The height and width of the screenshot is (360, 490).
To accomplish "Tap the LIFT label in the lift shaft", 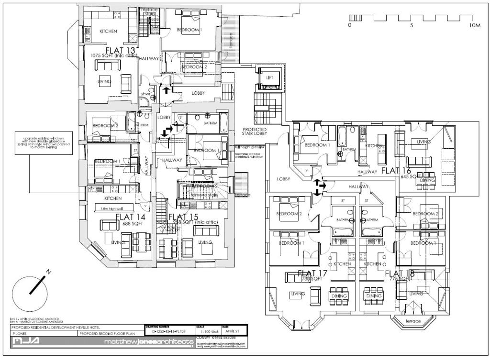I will point(269,77).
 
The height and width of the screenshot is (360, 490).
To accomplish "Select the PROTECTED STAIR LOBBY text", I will point(254,132).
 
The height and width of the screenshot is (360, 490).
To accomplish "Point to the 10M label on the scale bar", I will point(475,25).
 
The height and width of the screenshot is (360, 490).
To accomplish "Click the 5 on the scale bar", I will point(412,25).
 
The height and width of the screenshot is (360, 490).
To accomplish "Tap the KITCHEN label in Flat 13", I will point(108,32).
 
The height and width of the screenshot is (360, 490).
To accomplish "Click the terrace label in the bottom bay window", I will point(413,321).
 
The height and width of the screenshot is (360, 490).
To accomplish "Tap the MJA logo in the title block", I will point(30,342).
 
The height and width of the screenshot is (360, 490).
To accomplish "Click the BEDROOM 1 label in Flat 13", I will point(189,30).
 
